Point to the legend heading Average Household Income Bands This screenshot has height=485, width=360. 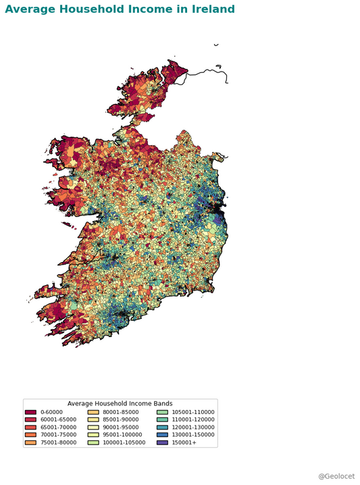click(x=120, y=404)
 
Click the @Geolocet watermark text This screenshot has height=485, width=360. click(x=336, y=476)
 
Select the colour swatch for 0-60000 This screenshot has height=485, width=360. click(x=30, y=412)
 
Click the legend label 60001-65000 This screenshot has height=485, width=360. click(x=58, y=419)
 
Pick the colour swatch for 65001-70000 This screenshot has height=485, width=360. click(x=30, y=427)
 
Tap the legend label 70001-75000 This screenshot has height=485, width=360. click(x=58, y=435)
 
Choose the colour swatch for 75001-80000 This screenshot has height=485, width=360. click(x=30, y=442)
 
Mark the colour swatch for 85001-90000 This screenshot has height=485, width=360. click(x=94, y=419)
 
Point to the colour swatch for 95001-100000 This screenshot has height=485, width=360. click(x=94, y=435)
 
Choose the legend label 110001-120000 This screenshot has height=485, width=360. click(x=192, y=419)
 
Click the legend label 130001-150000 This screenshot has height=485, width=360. click(x=192, y=435)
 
